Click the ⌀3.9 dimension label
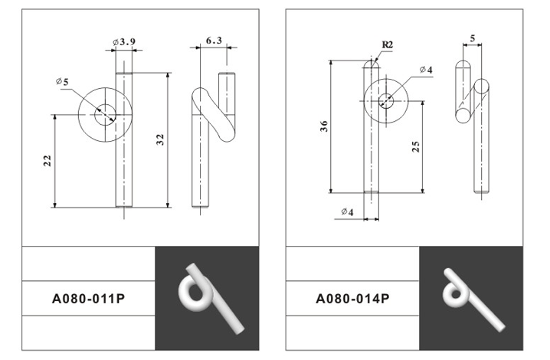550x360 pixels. point(124,42)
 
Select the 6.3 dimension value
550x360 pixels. point(214,41)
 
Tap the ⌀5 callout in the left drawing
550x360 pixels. point(62,82)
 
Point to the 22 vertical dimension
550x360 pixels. point(47,161)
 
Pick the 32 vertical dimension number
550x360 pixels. point(160,139)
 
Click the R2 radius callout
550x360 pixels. point(388,45)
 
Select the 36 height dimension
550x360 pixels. point(324,126)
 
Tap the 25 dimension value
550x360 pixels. point(416,146)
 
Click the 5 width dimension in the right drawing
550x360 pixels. point(473,38)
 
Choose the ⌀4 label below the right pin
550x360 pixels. point(347,211)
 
